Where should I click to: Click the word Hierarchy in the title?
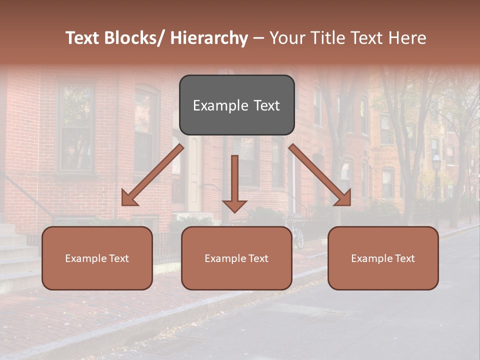209,38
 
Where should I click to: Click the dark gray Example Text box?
236,105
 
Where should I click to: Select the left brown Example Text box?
97,258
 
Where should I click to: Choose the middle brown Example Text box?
236,258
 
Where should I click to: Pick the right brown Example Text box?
383,258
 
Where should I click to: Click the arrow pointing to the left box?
152,175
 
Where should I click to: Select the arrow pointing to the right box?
320,175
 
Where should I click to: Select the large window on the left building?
76,127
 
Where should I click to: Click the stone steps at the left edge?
17,260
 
